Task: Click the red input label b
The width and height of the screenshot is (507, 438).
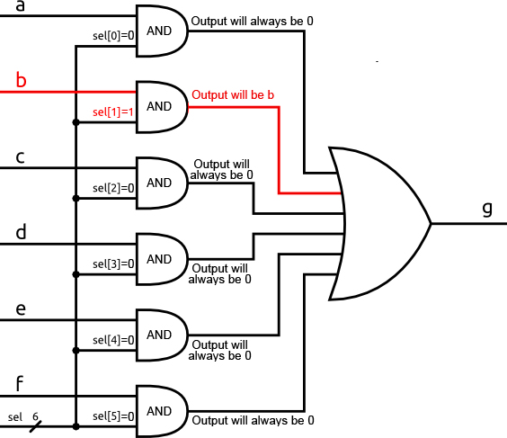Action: click(21, 80)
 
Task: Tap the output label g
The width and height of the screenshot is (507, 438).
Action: click(487, 209)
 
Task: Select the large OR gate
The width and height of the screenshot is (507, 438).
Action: click(380, 224)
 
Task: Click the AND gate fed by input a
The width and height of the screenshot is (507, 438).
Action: click(162, 31)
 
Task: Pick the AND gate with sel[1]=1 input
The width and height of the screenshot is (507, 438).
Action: click(162, 107)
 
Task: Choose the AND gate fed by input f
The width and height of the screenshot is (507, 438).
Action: click(162, 412)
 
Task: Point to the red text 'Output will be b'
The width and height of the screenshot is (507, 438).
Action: click(233, 94)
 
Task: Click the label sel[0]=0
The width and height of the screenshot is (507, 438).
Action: click(113, 36)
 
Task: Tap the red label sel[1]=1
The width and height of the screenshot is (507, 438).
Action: click(113, 112)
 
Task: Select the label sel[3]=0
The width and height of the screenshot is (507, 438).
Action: click(113, 264)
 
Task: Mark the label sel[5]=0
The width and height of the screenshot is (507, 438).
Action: click(113, 416)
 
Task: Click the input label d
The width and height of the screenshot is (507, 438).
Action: click(21, 232)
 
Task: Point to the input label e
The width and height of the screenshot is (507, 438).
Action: click(21, 308)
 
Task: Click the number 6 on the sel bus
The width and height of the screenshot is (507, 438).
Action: click(35, 416)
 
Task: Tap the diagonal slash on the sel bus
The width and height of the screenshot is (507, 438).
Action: click(36, 426)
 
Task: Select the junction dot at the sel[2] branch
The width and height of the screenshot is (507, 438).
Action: click(76, 198)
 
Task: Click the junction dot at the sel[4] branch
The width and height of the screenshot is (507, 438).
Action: click(76, 351)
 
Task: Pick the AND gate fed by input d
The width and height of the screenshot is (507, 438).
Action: click(162, 259)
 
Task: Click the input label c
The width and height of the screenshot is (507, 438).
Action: click(20, 157)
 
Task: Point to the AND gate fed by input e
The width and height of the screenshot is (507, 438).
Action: click(162, 335)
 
